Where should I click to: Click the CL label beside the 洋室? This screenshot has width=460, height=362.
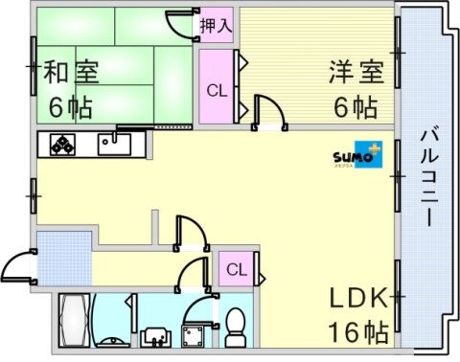tap(217, 91)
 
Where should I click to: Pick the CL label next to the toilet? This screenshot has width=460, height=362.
tap(235, 270)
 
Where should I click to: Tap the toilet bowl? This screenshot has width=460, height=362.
tap(237, 328)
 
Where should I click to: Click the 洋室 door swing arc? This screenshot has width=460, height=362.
tap(270, 111)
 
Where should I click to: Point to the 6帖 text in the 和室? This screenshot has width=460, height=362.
tap(70, 106)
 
